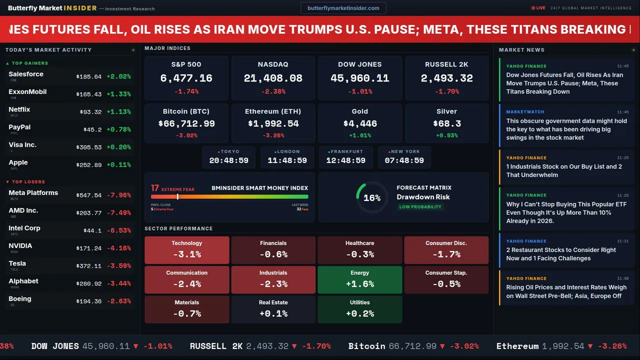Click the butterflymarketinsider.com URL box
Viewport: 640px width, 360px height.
343,8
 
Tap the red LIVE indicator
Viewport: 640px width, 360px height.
538,8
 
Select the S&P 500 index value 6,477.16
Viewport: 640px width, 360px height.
186,78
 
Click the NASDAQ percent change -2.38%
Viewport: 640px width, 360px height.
273,91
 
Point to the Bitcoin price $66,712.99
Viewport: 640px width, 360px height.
186,123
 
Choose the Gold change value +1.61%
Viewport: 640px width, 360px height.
360,135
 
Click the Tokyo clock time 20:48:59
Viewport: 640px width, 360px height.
229,160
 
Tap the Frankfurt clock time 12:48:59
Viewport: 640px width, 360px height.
346,160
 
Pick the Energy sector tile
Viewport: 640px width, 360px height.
360,279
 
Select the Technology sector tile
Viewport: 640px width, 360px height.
186,250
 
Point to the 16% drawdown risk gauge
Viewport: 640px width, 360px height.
372,197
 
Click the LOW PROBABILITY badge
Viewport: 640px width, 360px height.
420,207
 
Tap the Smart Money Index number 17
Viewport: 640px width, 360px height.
155,188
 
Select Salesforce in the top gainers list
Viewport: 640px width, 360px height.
26,74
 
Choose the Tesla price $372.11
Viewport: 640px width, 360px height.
89,266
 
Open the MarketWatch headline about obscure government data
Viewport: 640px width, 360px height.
566,129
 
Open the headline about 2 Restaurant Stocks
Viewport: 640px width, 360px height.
561,254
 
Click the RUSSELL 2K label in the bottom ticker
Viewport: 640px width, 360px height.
216,346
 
